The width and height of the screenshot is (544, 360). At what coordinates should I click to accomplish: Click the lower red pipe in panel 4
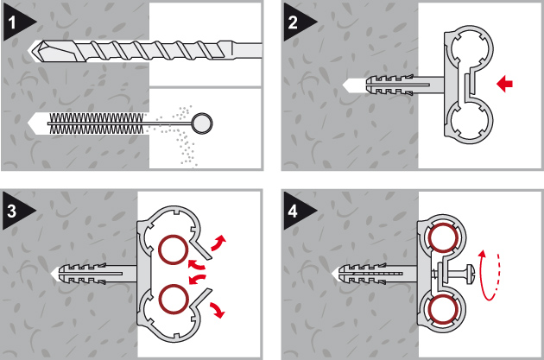pos(444,308)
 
